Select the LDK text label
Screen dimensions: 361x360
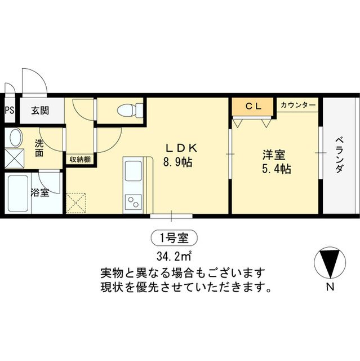(180, 148)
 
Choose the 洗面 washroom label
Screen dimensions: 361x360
(39, 148)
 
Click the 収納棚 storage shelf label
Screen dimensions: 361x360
(80, 159)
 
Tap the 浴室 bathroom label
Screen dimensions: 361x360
(39, 192)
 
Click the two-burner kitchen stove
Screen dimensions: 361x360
(134, 201)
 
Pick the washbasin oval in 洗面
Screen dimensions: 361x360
(14, 138)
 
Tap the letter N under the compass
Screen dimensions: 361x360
(329, 288)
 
